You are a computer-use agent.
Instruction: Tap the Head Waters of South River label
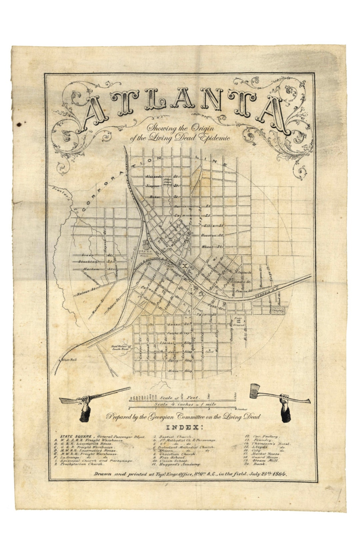[121, 348]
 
